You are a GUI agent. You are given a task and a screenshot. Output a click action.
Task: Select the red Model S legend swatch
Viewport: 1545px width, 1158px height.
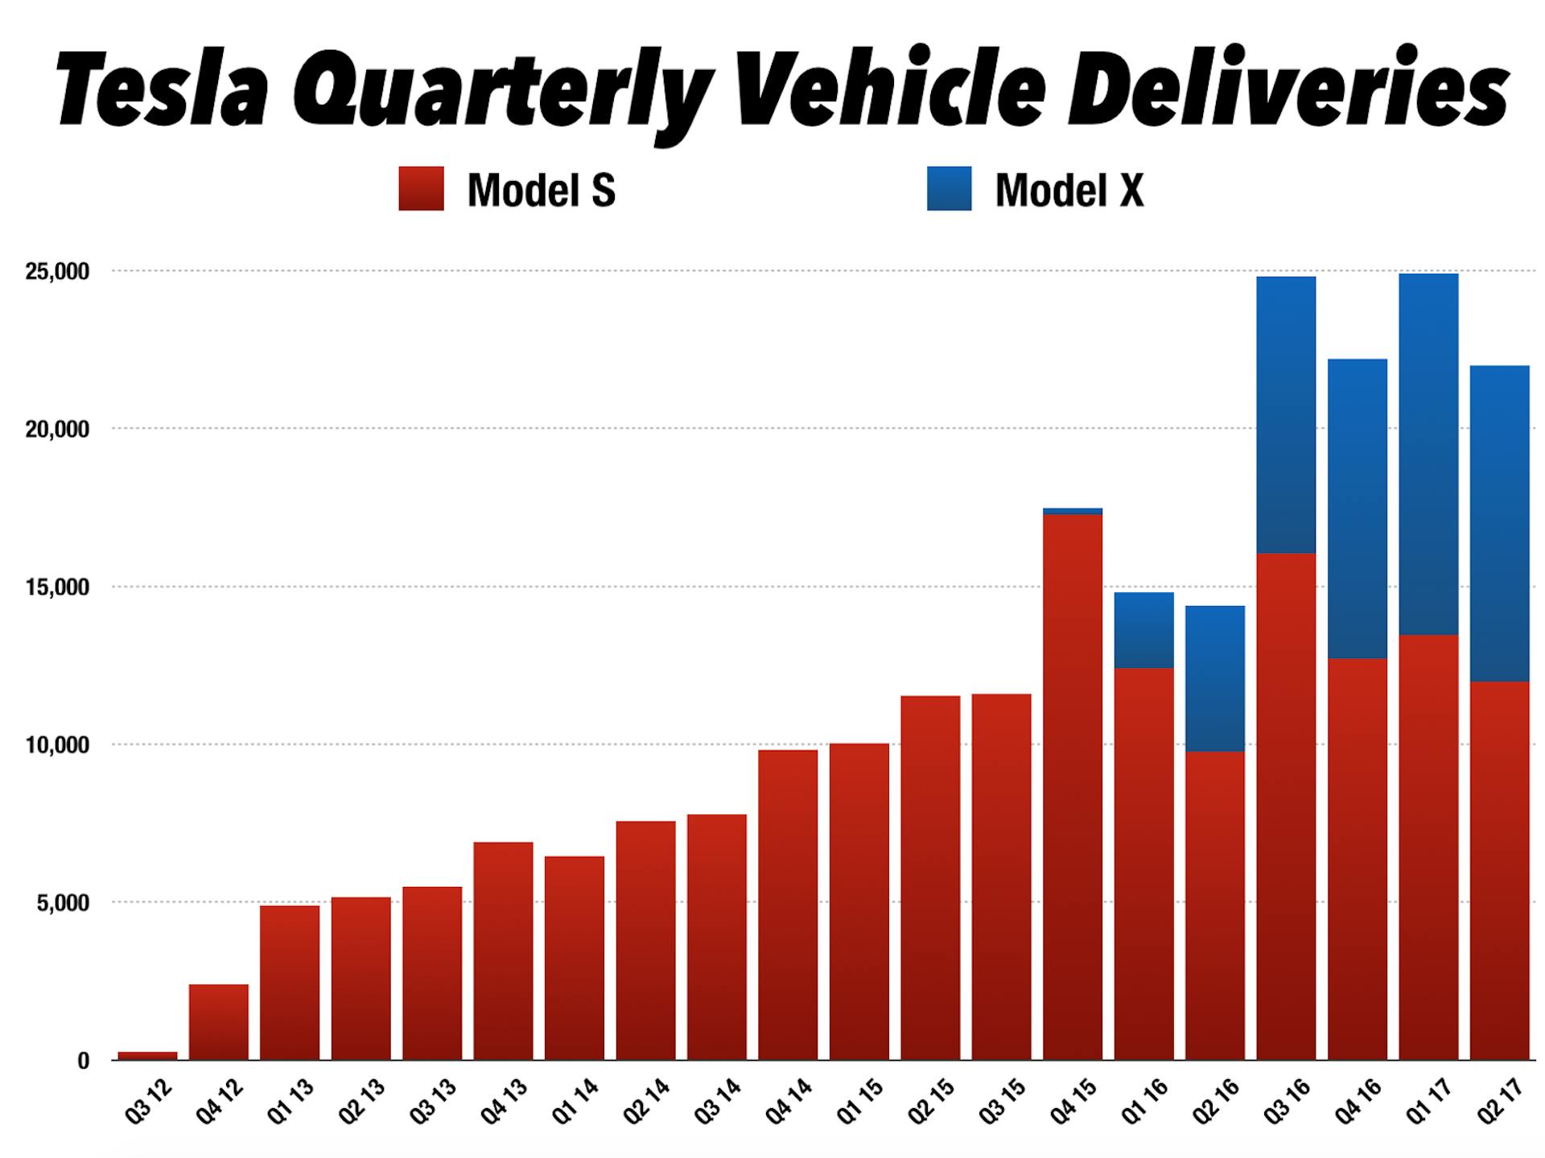point(421,189)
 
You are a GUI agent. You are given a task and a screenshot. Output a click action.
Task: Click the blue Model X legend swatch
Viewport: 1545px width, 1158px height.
point(949,189)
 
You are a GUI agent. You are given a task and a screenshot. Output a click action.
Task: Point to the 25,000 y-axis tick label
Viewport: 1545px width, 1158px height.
point(56,272)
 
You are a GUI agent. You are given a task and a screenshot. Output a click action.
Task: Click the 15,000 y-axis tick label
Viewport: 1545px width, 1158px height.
point(56,587)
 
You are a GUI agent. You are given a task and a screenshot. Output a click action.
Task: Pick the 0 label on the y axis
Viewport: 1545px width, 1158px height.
point(83,1061)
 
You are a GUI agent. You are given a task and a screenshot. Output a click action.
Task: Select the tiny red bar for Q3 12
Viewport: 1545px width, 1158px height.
point(147,1055)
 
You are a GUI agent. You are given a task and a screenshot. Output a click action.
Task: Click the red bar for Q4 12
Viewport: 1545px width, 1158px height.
point(219,1022)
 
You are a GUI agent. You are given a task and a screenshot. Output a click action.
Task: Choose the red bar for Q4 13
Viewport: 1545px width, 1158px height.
point(503,950)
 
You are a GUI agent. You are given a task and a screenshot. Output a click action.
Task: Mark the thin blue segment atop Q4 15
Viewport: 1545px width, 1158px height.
point(1072,511)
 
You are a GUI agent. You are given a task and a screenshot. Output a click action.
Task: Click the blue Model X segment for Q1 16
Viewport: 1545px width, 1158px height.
point(1143,630)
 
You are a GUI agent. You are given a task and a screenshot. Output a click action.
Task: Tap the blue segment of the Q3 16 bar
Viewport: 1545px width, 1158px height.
point(1285,414)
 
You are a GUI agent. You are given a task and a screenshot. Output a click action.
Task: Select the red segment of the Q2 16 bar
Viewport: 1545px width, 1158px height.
point(1214,905)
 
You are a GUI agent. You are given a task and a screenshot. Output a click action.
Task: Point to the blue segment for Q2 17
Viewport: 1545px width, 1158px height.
point(1499,523)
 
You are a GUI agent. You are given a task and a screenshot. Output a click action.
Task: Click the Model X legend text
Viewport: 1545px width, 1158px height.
point(1069,191)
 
